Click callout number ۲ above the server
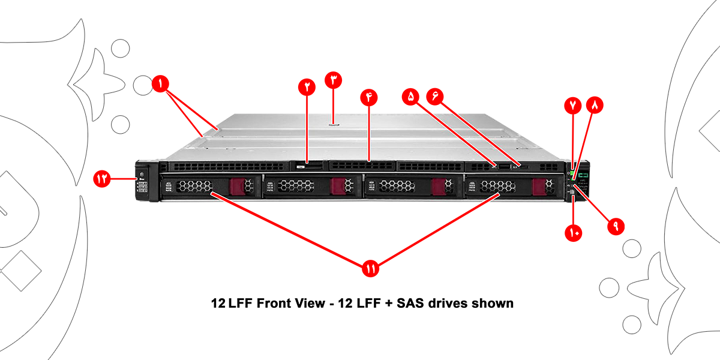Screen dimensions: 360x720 (308, 85)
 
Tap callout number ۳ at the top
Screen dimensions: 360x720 (334, 79)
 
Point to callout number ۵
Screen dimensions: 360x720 (412, 96)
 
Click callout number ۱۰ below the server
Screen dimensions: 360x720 (574, 233)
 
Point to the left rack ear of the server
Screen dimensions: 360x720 (143, 183)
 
